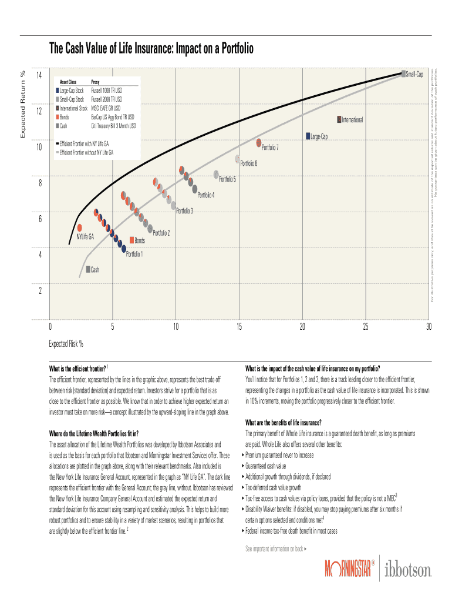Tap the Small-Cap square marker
pos(403,73)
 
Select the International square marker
pos(339,119)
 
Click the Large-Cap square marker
pos(307,136)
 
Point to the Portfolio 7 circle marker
pos(258,142)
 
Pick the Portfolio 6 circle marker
pos(238,159)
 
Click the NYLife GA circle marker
pos(79,228)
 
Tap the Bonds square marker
pos(131,240)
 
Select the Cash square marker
pos(87,269)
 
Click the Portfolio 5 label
pos(227,179)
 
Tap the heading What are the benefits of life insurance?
pos(283,423)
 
